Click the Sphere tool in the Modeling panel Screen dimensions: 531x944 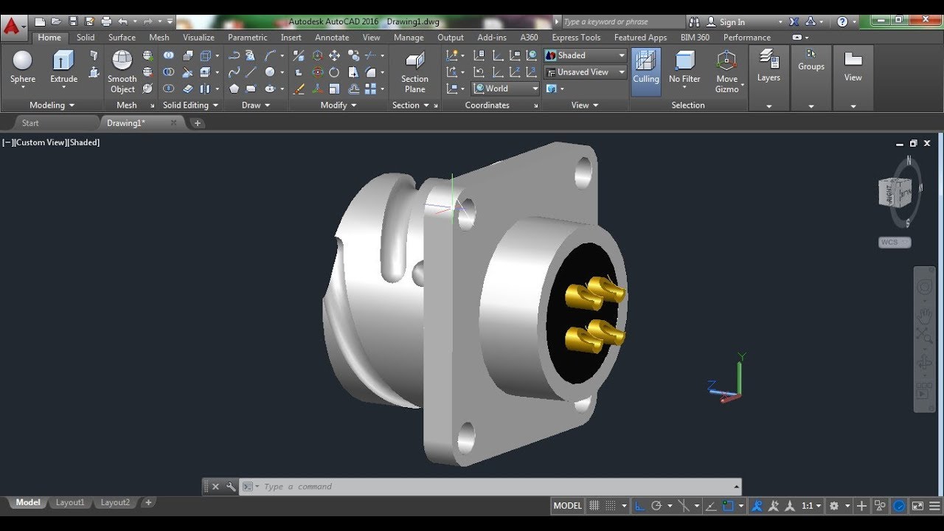(23, 66)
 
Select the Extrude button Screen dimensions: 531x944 (63, 66)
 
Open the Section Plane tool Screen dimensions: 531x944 (414, 72)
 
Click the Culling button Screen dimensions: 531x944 (646, 68)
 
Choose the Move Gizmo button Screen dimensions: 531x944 (726, 71)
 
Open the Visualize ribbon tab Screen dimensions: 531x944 (198, 38)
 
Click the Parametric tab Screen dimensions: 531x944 (247, 38)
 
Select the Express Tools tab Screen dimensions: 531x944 (576, 38)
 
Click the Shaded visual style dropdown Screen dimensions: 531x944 (585, 55)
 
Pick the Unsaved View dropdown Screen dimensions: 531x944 (585, 72)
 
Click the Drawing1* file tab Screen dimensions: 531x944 (126, 123)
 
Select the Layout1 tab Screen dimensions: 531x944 (70, 503)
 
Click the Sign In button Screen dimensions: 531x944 (732, 22)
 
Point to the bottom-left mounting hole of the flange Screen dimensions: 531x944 (466, 438)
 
